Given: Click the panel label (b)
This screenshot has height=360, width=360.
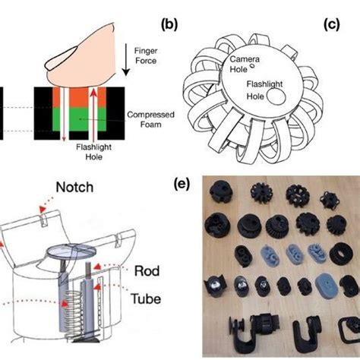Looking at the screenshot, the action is click(x=169, y=25).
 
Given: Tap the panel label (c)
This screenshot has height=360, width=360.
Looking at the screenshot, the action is click(x=332, y=25).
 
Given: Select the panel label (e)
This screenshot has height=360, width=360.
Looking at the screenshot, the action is click(x=182, y=185).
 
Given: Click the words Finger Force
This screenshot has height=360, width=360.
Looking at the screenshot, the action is click(x=146, y=55).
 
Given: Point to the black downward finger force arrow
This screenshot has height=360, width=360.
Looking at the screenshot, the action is click(x=126, y=60).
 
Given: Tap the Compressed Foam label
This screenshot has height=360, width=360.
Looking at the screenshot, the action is click(x=150, y=119).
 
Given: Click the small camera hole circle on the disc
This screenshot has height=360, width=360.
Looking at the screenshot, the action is click(x=252, y=65).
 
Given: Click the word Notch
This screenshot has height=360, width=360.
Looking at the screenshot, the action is click(x=74, y=188).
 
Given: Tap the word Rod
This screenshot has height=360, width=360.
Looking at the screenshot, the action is click(x=147, y=271).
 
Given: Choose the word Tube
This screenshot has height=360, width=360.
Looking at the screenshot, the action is click(x=146, y=298).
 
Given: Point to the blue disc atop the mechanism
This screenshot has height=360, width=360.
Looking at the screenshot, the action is click(x=70, y=251).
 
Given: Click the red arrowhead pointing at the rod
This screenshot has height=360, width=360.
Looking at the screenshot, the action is click(x=97, y=267).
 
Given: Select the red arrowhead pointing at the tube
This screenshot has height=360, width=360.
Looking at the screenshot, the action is click(x=97, y=287).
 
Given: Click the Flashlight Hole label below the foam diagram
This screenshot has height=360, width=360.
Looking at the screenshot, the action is click(x=93, y=152).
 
